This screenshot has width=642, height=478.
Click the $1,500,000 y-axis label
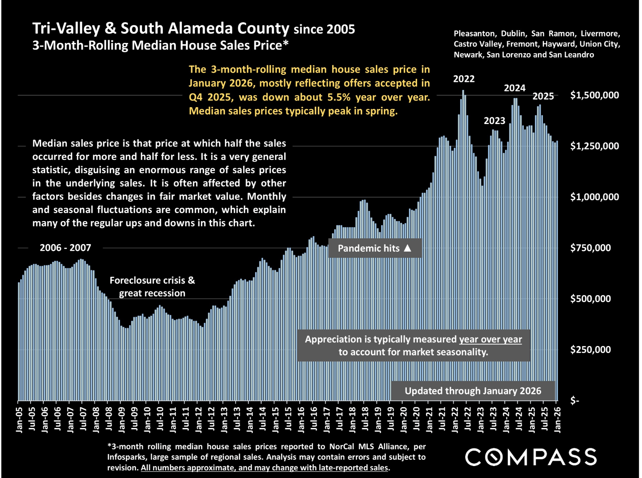pyautogui.click(x=594, y=95)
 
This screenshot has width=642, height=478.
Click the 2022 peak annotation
pyautogui.click(x=464, y=79)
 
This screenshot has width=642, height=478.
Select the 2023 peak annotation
pyautogui.click(x=494, y=121)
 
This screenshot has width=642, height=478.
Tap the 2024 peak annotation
pyautogui.click(x=514, y=88)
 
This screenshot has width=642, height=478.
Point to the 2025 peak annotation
pyautogui.click(x=543, y=96)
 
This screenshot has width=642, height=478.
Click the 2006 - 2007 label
pyautogui.click(x=66, y=248)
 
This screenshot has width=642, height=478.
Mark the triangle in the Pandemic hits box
pyautogui.click(x=407, y=248)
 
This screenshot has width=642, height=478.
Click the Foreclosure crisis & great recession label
pyautogui.click(x=152, y=287)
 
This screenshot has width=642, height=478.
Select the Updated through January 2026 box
pyautogui.click(x=473, y=391)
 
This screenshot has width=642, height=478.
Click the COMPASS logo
pyautogui.click(x=530, y=457)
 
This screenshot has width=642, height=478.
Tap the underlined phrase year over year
pyautogui.click(x=490, y=339)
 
